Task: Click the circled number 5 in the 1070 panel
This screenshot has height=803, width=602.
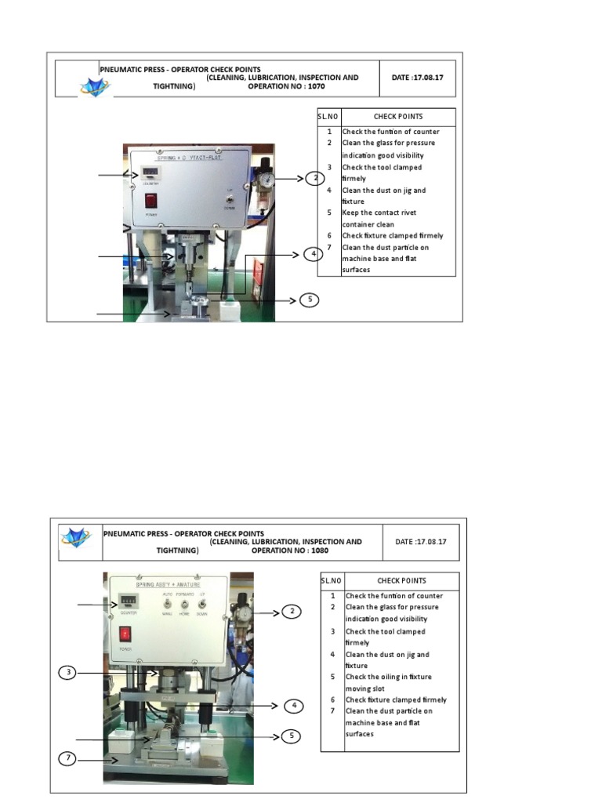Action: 310,300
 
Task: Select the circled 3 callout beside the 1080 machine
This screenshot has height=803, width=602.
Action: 70,673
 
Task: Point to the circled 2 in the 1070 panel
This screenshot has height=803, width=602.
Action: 314,179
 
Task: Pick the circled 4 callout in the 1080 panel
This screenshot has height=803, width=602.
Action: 292,706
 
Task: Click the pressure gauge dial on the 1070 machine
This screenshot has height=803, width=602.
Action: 268,180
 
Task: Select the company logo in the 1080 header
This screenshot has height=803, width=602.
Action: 76,538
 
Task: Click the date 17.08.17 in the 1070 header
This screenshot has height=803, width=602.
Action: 418,78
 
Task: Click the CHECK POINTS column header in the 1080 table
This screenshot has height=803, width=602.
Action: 401,581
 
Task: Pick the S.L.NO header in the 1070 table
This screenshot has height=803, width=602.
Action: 328,117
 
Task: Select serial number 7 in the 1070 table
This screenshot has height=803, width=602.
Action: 330,247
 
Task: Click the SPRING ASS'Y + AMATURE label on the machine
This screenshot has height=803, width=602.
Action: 169,586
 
